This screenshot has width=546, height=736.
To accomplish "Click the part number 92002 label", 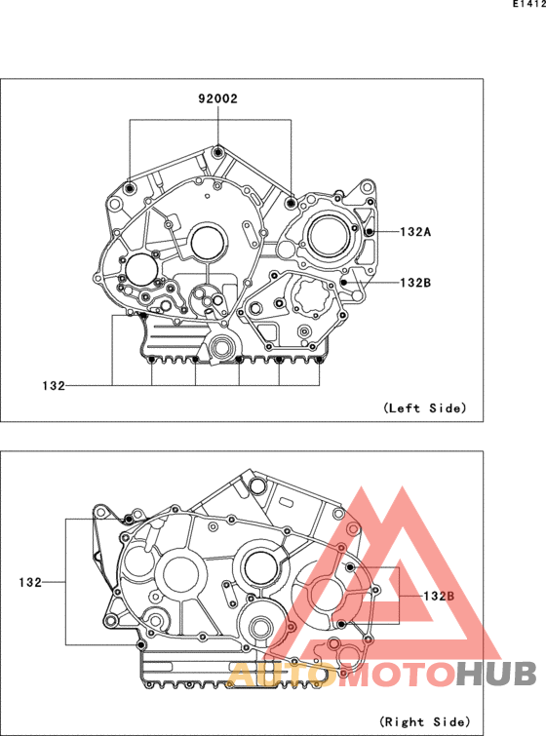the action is tap(217, 98).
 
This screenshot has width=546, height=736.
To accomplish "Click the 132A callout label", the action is tap(415, 231).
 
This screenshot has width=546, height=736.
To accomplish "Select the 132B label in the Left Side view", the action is tap(415, 283).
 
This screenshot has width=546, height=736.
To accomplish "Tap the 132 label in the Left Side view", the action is tap(54, 386).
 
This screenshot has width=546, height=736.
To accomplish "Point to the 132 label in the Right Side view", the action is tap(30, 583).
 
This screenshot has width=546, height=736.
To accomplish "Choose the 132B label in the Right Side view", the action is tap(439, 597).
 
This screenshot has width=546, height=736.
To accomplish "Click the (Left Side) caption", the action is tap(425, 407).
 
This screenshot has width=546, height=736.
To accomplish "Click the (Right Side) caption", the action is tap(425, 721).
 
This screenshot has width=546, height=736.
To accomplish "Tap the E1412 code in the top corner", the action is tap(529, 4).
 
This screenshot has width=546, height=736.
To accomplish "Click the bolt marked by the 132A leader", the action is tap(370, 231).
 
